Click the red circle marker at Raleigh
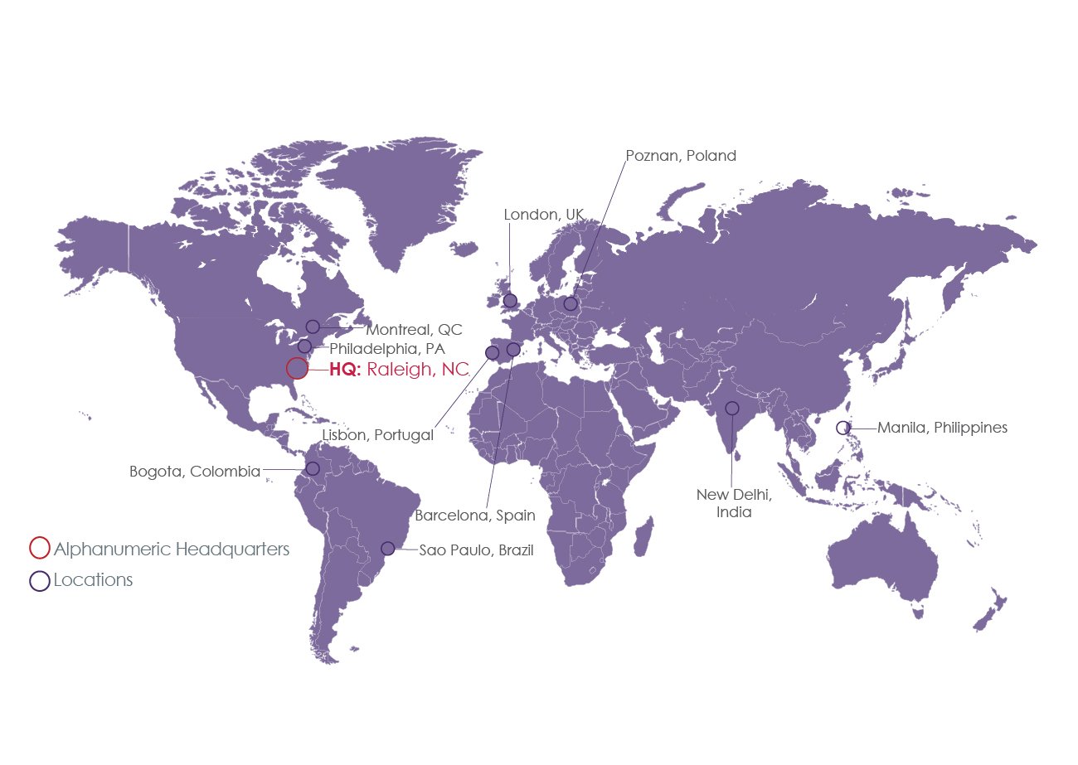coord(297,369)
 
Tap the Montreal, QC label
coord(414,329)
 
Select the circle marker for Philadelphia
coord(304,346)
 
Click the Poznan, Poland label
coord(680,156)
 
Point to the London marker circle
coord(510,300)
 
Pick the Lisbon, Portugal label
coord(377,435)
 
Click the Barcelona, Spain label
coord(474,516)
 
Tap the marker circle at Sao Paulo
coord(387,548)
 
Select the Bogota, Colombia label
coord(195,472)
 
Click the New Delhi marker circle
coord(732,408)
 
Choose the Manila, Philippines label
coord(942,428)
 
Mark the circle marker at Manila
coord(842,428)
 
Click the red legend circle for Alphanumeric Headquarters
coord(39,548)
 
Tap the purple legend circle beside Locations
coord(39,580)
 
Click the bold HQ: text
coord(345,370)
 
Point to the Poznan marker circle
coord(571,303)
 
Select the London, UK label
coord(543,215)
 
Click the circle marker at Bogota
coord(313,468)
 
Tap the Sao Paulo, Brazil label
coord(476,550)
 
